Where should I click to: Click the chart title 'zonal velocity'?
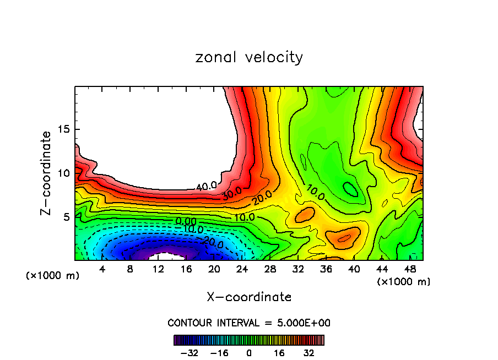(x=249, y=57)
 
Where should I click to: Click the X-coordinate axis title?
(x=249, y=297)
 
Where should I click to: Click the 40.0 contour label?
(x=206, y=187)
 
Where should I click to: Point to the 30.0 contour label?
(x=232, y=195)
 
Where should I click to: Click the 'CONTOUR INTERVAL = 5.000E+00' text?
(x=249, y=323)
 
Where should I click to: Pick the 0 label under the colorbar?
(x=249, y=353)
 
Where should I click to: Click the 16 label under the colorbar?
(x=279, y=353)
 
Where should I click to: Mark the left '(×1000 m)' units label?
(x=53, y=276)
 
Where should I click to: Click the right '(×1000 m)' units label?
(x=404, y=282)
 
